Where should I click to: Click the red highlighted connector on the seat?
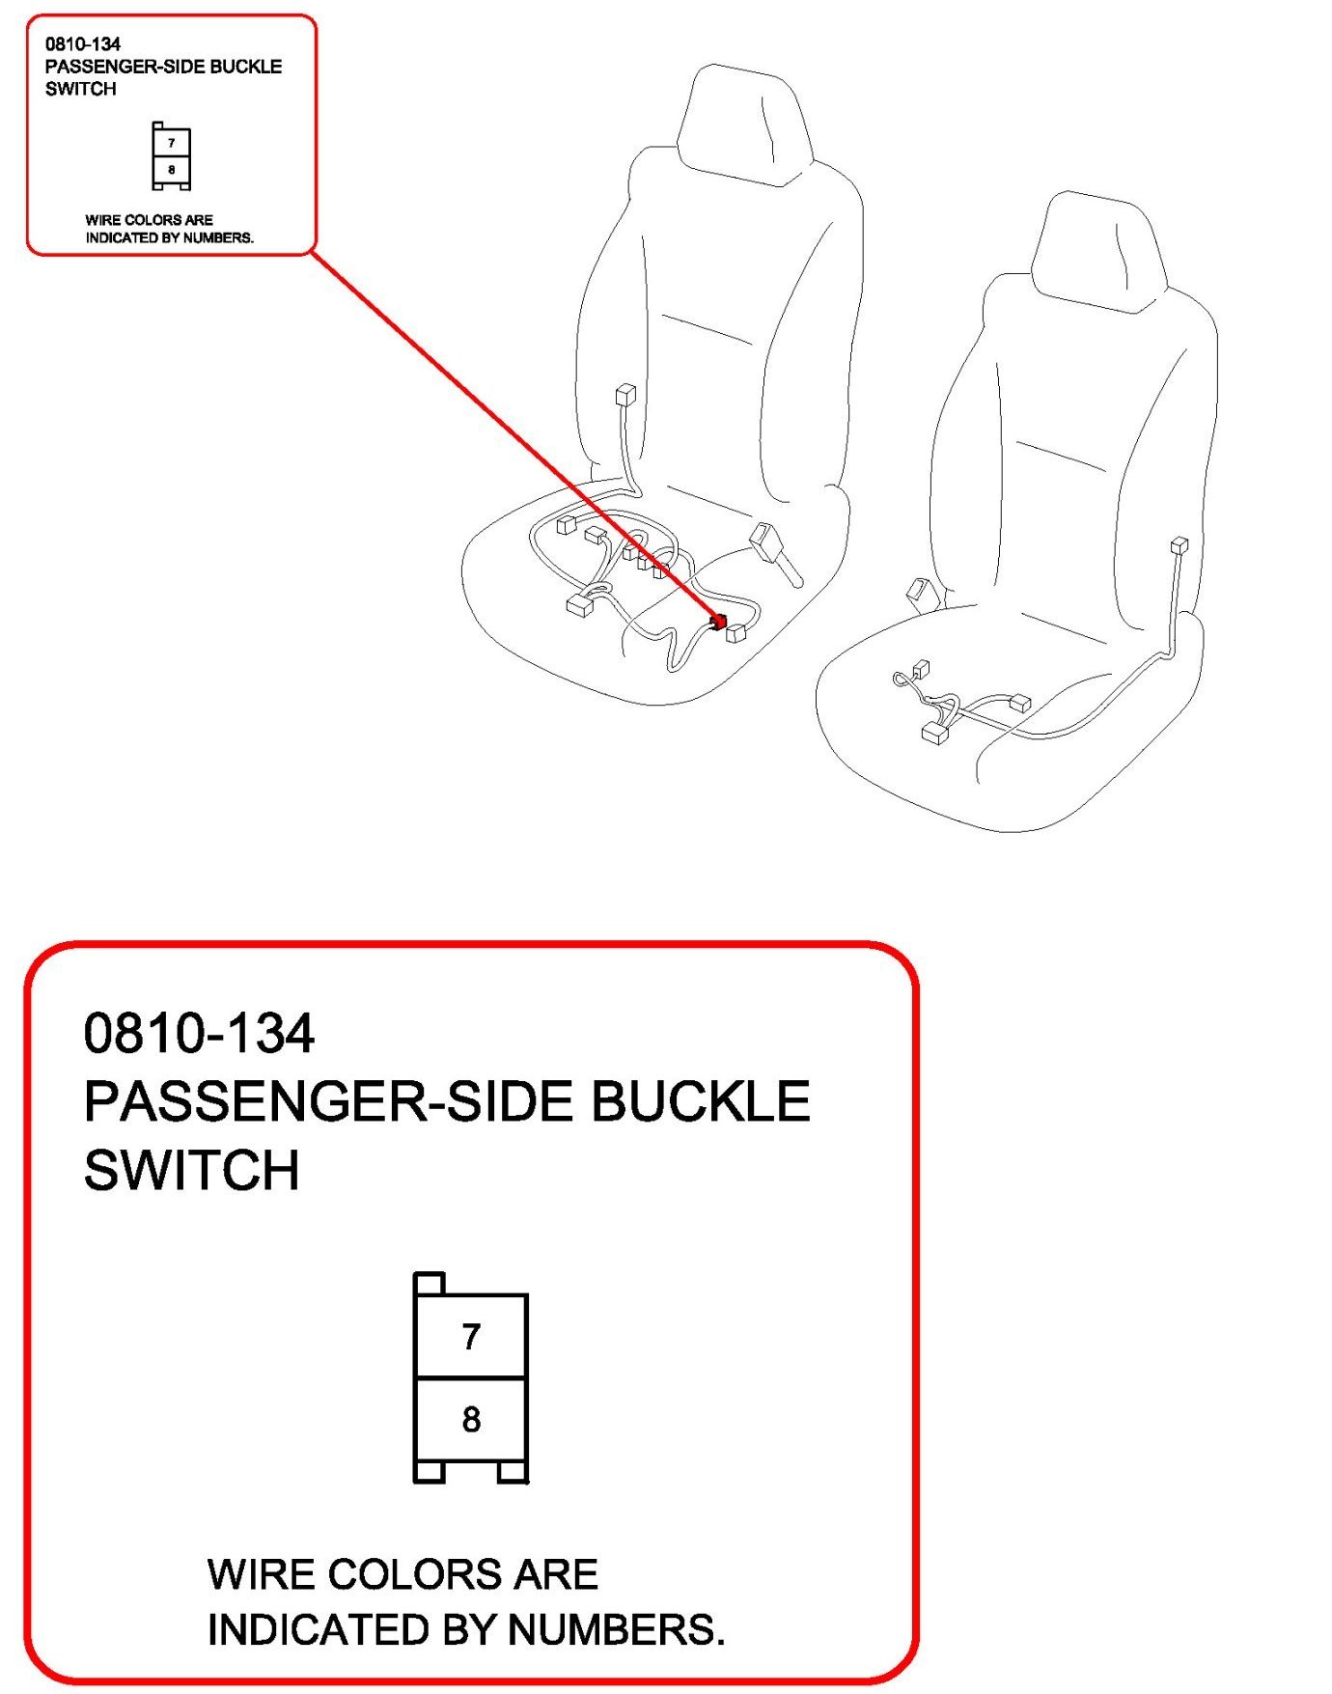coord(717,622)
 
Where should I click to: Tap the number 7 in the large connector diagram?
coord(471,1336)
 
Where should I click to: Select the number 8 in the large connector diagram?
coord(471,1419)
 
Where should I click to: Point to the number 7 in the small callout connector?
coord(172,143)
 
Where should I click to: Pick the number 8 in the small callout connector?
coord(172,170)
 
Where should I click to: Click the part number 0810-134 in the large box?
coord(199,1033)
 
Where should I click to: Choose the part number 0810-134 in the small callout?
coord(83,43)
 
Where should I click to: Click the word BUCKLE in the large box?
coord(700,1101)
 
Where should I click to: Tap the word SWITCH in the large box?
coord(192,1170)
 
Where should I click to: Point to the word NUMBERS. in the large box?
coord(616,1629)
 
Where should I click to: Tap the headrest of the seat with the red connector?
coord(743,124)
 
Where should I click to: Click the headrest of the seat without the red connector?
coord(1099,251)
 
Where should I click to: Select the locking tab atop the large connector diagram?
coord(430,1284)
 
